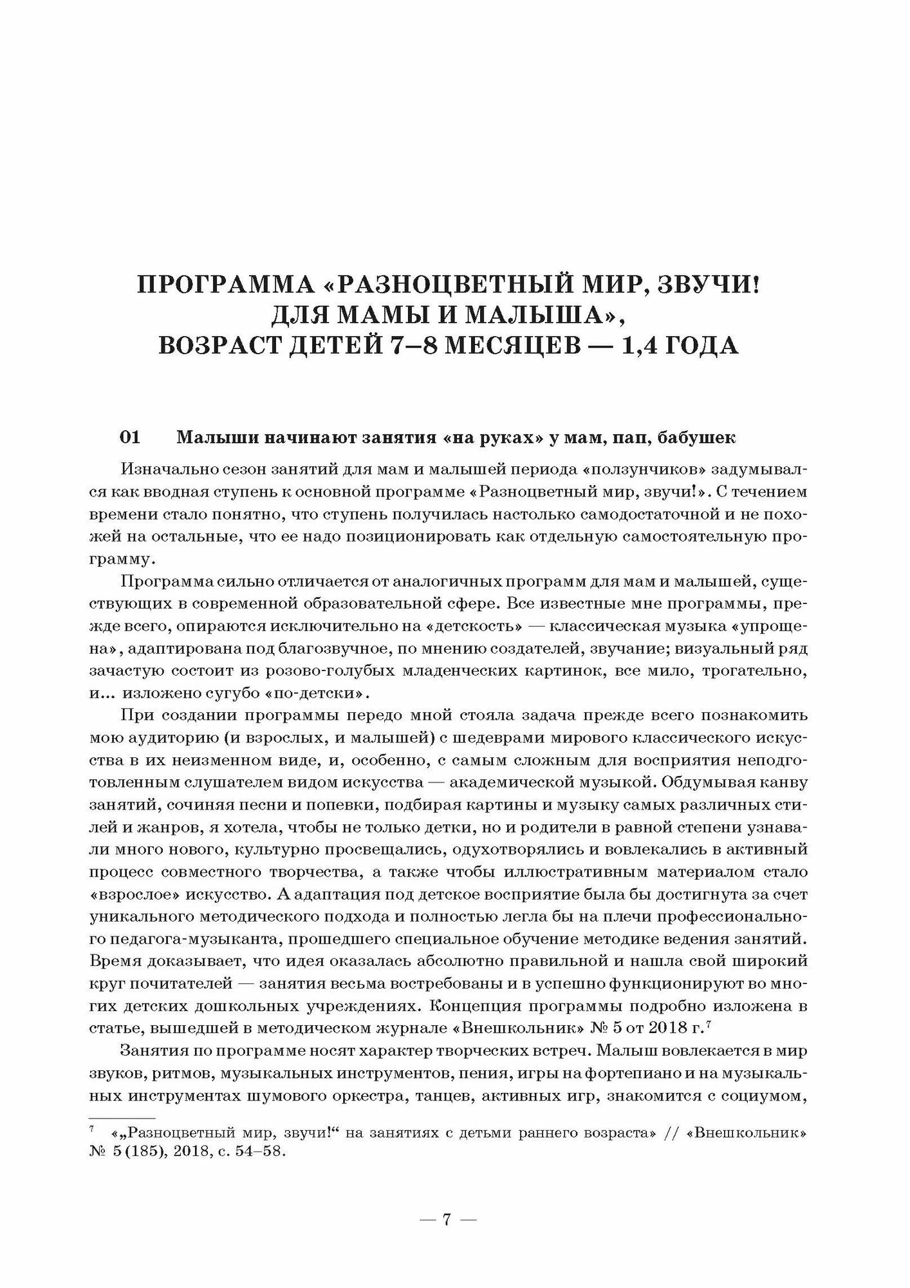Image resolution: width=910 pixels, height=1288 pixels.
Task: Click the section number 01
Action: coord(130,438)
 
